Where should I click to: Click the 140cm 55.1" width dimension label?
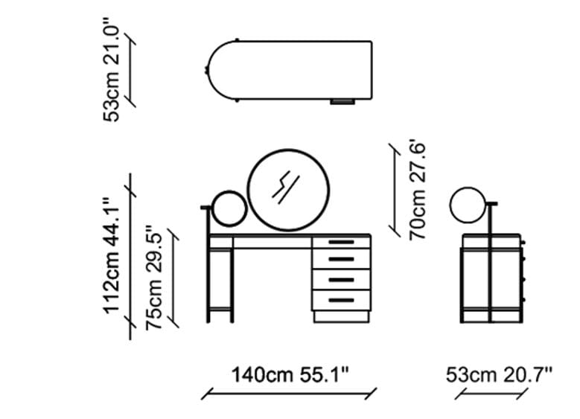click(290, 375)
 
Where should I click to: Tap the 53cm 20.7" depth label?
click(499, 375)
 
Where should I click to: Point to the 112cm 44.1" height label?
click(112, 255)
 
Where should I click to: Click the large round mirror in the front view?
click(288, 190)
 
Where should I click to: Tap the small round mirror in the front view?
click(229, 208)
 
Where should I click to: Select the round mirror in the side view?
click(468, 205)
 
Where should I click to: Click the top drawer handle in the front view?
click(342, 242)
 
